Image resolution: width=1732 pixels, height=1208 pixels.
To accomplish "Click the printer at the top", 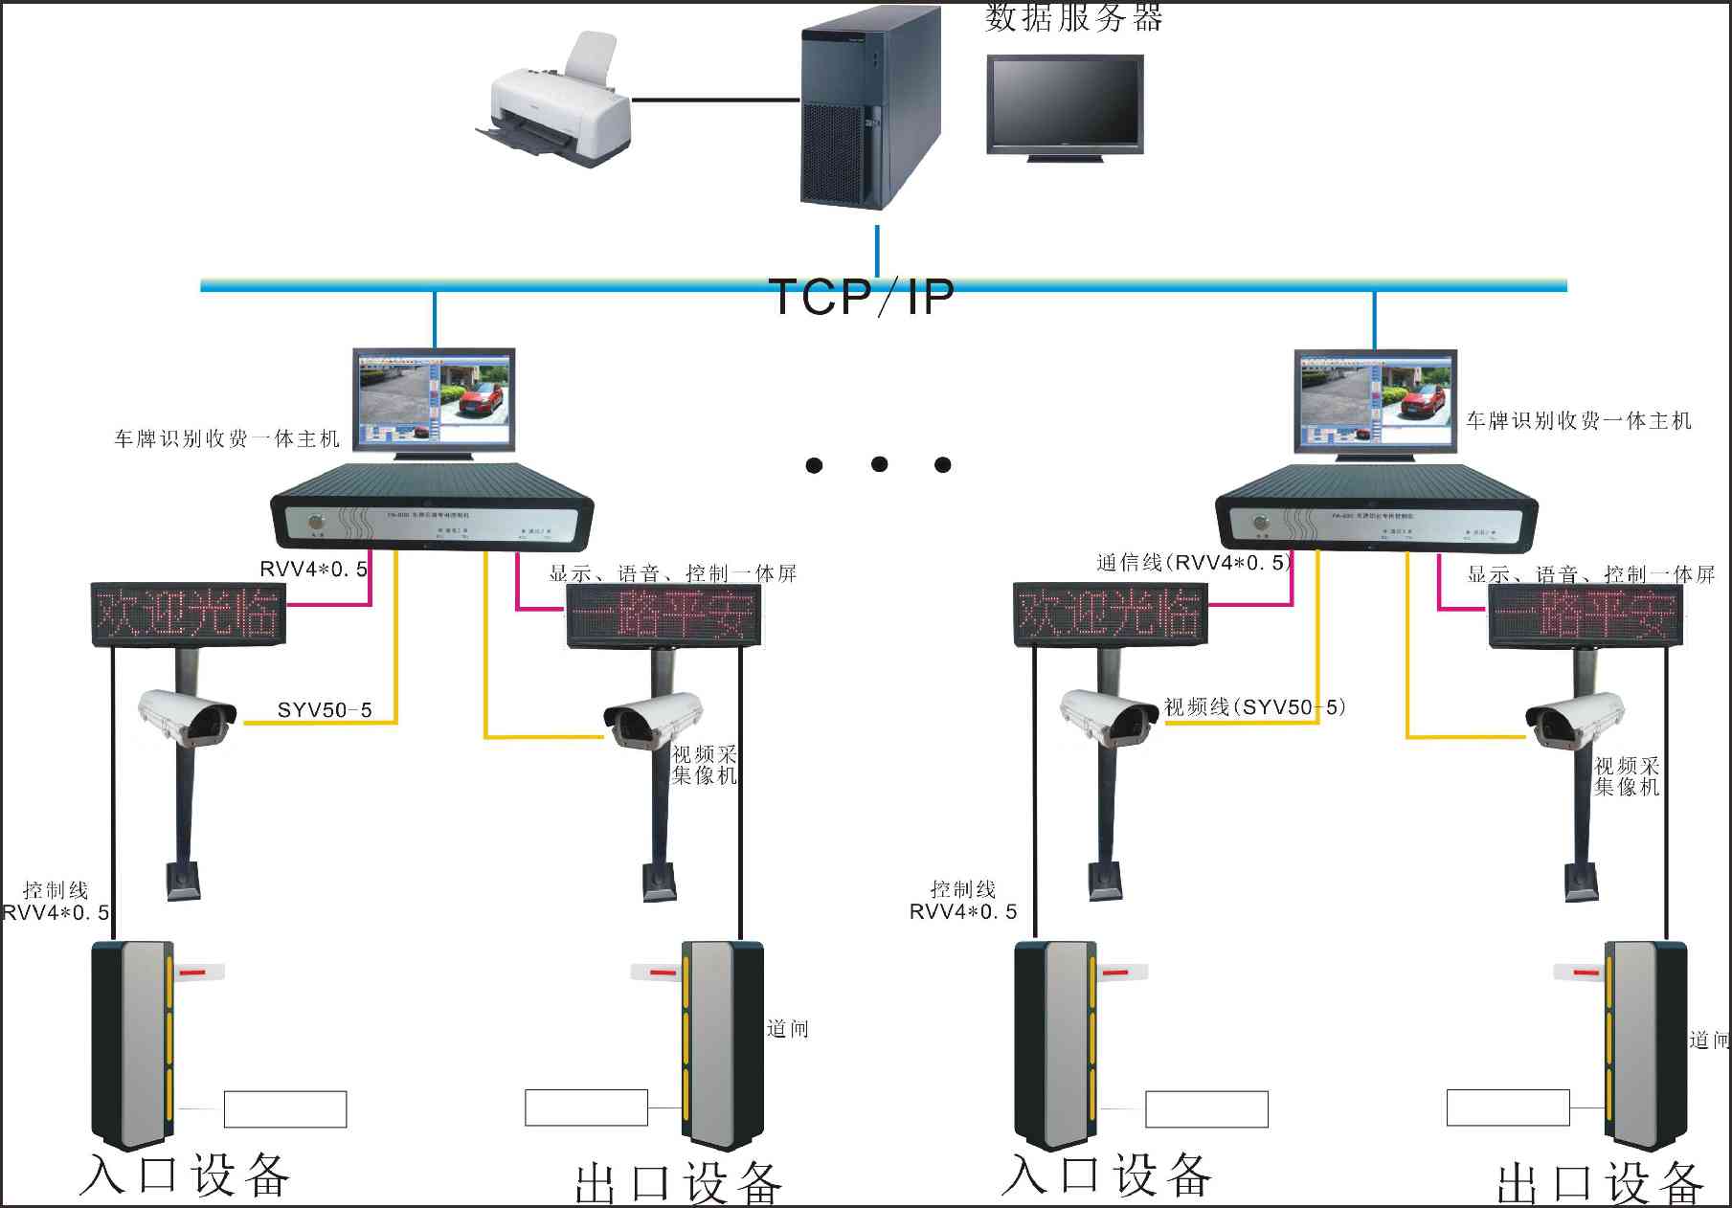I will tap(555, 105).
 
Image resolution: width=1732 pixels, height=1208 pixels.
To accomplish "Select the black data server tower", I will tap(868, 107).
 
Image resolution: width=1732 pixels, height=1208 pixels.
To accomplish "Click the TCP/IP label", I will tap(861, 297).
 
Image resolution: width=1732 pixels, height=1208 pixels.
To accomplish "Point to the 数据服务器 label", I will tap(1073, 17).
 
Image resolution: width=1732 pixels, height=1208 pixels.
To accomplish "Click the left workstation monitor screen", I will tap(434, 398).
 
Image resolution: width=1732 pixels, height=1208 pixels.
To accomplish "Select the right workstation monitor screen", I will tap(1376, 400).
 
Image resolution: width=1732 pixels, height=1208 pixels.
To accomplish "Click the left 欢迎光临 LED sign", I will tap(188, 613).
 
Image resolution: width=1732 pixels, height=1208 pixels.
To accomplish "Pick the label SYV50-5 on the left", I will tap(325, 710).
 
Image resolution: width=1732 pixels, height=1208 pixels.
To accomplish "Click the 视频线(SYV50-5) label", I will tap(1254, 707).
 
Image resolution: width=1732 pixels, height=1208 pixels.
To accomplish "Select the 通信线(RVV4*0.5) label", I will tap(1194, 563).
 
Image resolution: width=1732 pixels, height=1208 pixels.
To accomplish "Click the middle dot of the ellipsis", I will tap(879, 464).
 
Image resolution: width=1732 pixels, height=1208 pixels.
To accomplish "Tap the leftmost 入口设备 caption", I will tap(184, 1175).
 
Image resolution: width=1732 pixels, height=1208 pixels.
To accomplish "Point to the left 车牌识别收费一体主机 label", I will tap(227, 439).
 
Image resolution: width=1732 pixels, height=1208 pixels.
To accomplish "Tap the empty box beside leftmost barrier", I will tap(284, 1109).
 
